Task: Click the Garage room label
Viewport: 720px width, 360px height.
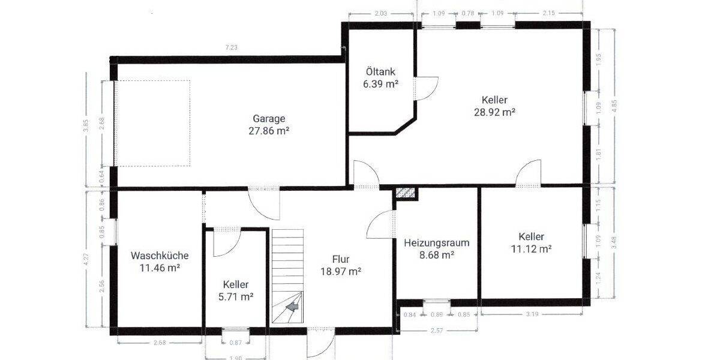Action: pos(269,118)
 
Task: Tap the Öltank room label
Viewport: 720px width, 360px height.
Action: pos(380,72)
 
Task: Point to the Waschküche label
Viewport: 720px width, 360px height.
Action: pos(160,255)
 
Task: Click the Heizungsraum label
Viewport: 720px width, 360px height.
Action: pos(436,243)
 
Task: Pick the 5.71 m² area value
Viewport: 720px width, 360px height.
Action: pos(235,297)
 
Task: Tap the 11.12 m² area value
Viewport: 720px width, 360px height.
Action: pos(531,248)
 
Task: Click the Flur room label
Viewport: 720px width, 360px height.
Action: pos(341,259)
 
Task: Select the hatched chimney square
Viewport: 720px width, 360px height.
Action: pos(406,193)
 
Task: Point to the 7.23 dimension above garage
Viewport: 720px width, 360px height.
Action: pos(230,48)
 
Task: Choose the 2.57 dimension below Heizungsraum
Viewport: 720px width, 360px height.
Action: pos(437,331)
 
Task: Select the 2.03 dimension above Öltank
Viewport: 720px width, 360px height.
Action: pos(381,13)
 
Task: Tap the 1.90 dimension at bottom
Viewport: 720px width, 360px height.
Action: pos(235,357)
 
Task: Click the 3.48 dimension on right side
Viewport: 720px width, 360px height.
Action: pos(613,242)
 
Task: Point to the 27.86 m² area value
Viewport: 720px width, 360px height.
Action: pos(269,130)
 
